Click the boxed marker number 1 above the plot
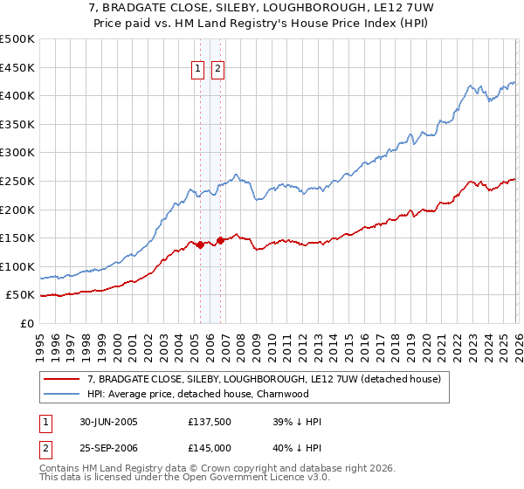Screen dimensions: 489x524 pos(197,71)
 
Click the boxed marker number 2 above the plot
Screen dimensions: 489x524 pos(217,71)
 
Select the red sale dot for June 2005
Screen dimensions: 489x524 pos(201,244)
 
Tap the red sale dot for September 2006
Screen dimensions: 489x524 pos(220,240)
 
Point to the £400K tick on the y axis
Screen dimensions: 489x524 pos(17,95)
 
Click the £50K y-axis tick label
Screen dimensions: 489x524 pos(20,295)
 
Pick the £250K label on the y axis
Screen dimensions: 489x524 pos(17,181)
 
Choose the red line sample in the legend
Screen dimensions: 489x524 pos(63,379)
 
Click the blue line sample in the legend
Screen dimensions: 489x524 pos(63,394)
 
